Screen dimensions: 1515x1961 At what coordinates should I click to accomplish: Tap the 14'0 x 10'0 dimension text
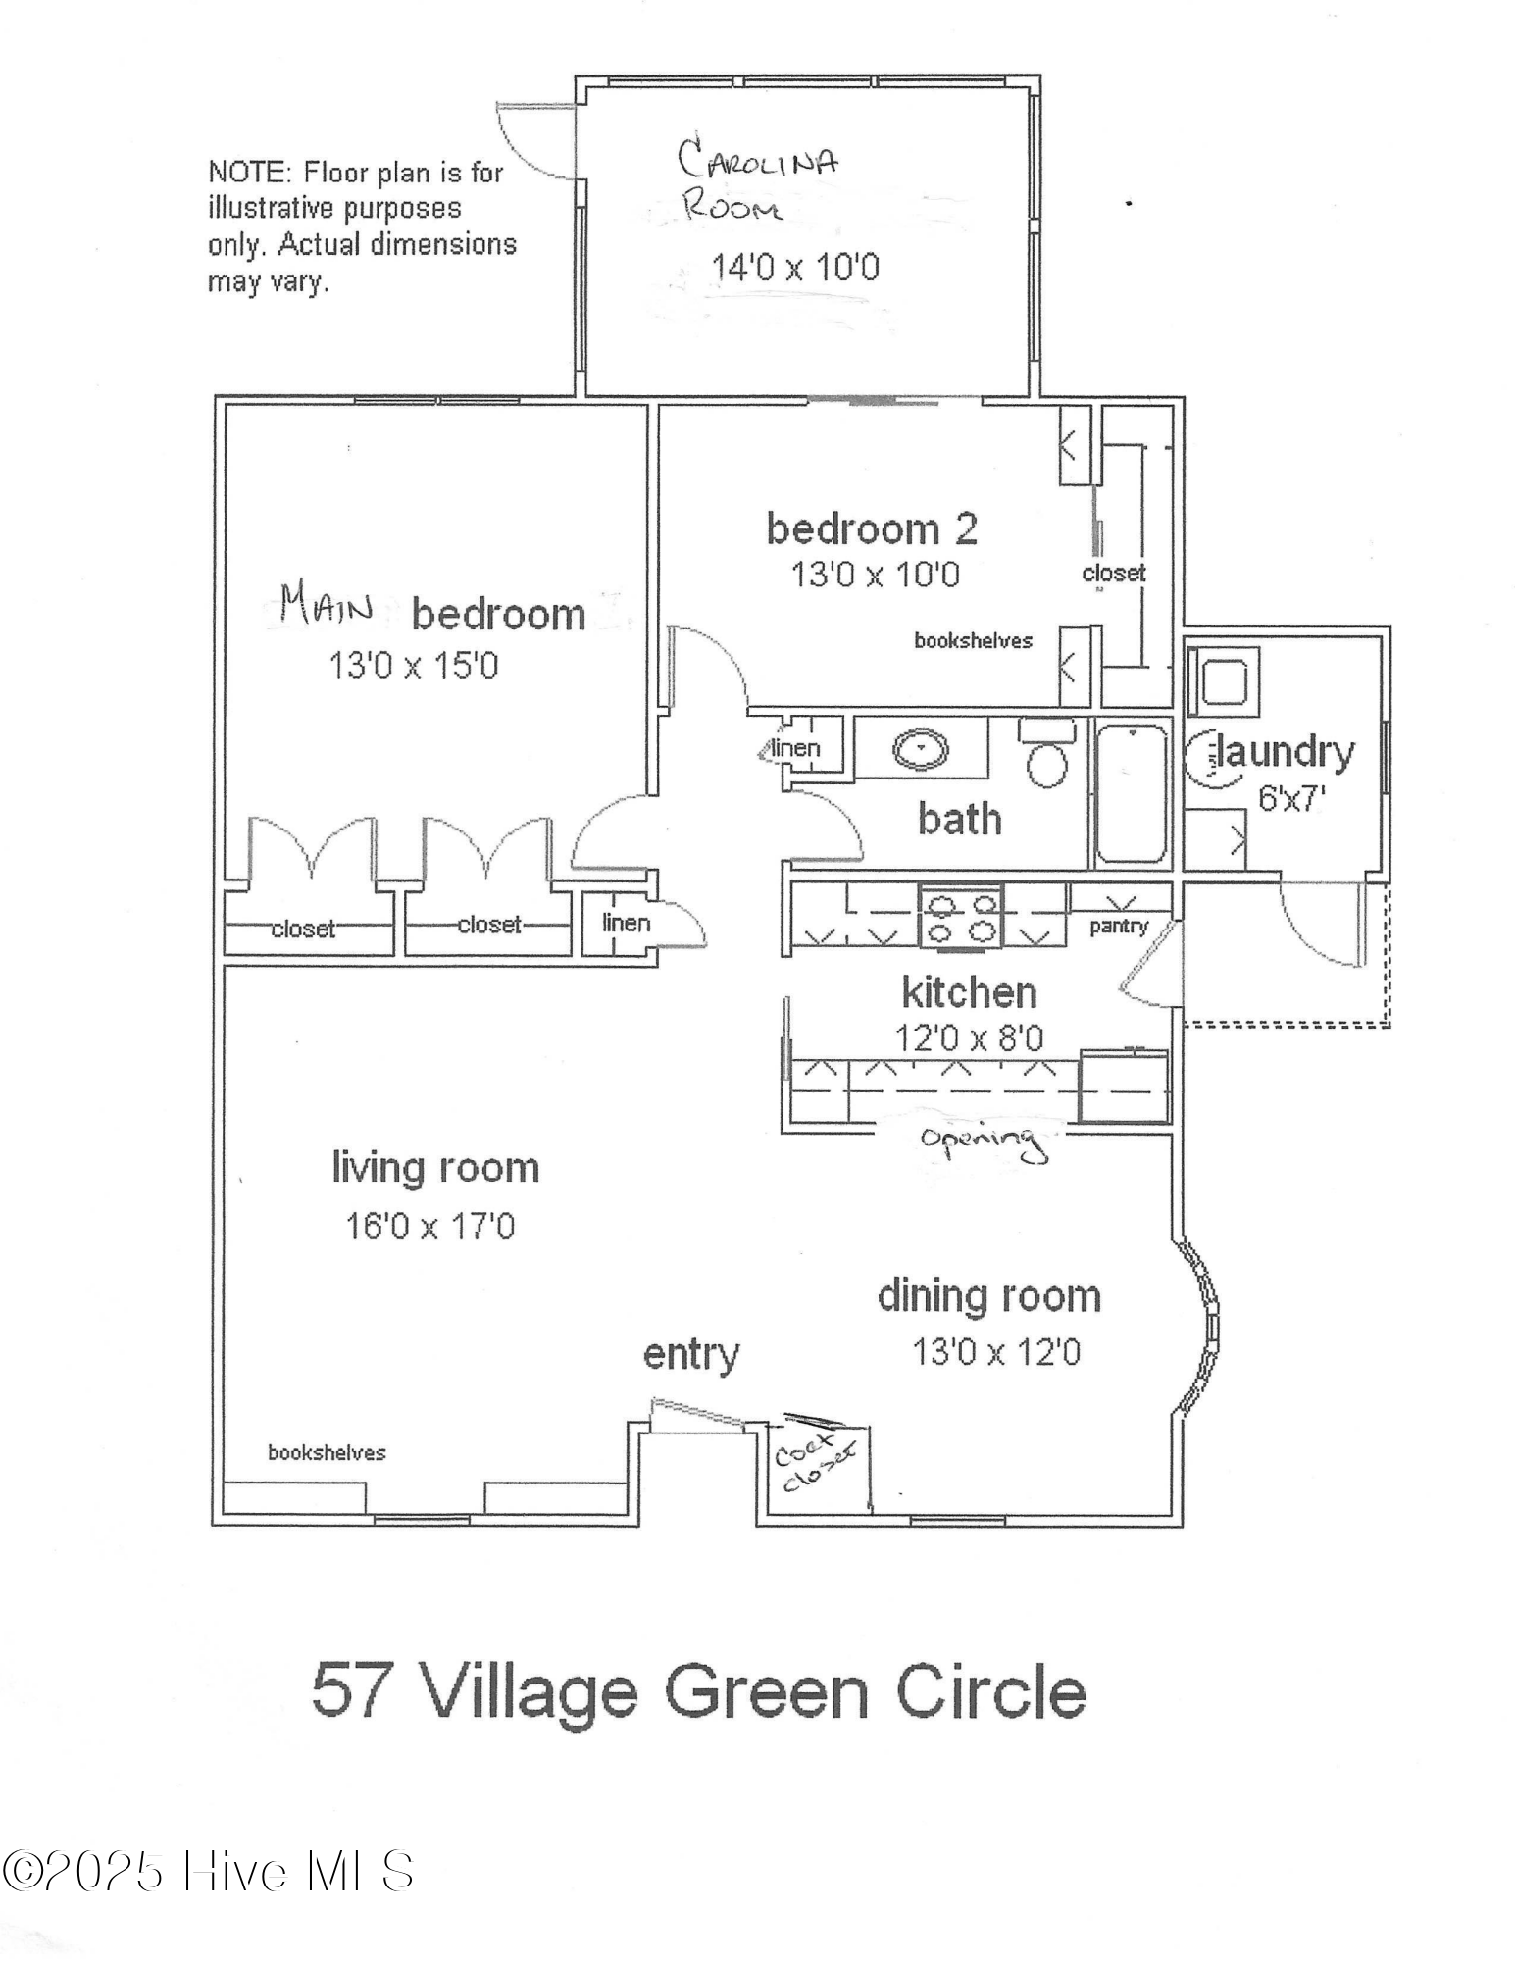tap(795, 267)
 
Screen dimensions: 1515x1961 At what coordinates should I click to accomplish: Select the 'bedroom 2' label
tap(872, 529)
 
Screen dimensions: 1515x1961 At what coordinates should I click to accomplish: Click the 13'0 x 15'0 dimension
tap(414, 667)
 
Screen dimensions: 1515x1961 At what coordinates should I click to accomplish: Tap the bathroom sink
tap(922, 750)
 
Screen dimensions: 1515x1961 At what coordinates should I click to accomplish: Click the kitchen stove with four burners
tap(960, 917)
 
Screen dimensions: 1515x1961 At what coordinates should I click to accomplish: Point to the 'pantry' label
tap(1119, 927)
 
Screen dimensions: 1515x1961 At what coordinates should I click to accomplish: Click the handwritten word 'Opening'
tap(981, 1142)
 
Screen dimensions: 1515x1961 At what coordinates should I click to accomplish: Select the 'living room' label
tap(435, 1168)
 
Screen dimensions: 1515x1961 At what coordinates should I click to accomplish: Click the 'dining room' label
tap(989, 1296)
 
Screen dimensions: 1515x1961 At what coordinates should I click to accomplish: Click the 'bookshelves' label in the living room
tap(327, 1452)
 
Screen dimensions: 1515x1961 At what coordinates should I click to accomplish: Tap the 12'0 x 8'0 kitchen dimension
tap(969, 1037)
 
